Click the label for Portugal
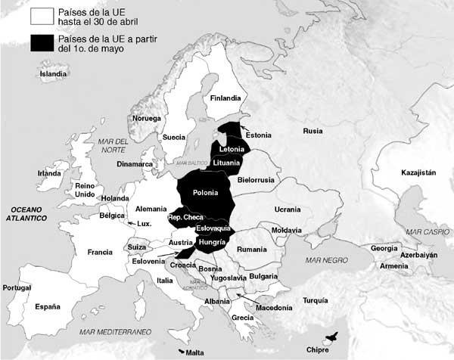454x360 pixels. pyautogui.click(x=17, y=288)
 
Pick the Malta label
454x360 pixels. pyautogui.click(x=194, y=352)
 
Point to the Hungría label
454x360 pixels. pyautogui.click(x=212, y=241)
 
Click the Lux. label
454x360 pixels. pyautogui.click(x=145, y=224)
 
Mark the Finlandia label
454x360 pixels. pyautogui.click(x=225, y=98)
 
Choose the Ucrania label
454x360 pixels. pyautogui.click(x=287, y=208)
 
